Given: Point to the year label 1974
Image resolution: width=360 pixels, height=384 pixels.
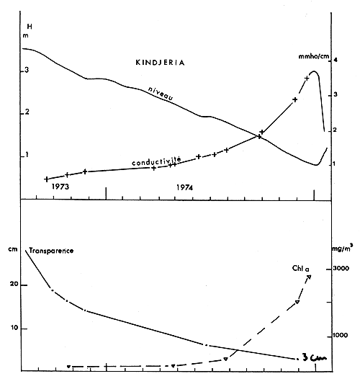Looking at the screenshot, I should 185,187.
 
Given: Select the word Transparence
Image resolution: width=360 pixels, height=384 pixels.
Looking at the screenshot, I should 53,251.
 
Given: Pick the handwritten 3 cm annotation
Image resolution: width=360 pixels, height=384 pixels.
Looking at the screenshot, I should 315,357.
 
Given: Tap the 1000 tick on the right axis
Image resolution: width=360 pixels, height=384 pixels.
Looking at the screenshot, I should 340,336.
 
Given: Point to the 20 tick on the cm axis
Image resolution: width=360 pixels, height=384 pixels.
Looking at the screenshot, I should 14,285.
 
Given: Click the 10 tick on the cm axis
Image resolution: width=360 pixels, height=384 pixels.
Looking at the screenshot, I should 14,329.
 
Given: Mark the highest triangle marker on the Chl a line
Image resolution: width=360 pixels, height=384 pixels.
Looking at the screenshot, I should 309,277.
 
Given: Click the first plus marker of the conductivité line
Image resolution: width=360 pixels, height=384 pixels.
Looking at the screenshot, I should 47,179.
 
